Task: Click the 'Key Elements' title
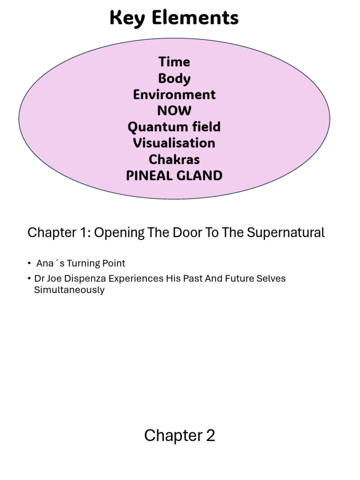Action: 174,18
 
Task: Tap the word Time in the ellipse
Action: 174,62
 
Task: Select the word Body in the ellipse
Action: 174,78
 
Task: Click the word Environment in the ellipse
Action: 174,95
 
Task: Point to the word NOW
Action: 174,111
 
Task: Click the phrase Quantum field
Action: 174,127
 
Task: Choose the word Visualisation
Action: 174,143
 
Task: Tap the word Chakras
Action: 174,159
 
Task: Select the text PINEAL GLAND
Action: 174,176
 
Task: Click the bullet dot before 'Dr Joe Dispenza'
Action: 30,279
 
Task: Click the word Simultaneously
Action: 69,290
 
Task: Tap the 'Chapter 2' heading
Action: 180,435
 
